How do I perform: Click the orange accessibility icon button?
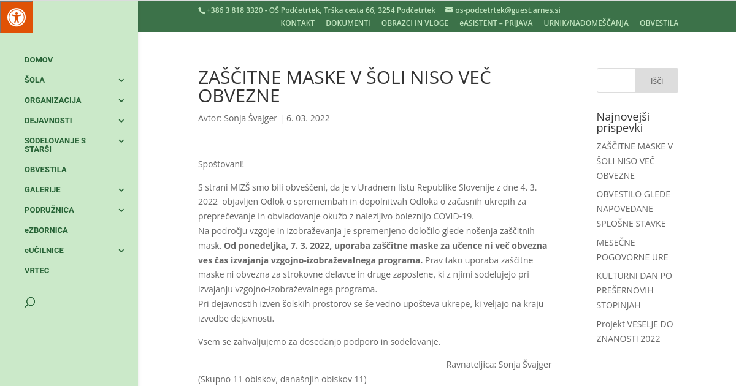16,17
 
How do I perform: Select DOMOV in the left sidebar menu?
39,60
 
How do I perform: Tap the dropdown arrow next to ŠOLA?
121,80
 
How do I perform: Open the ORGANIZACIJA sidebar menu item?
53,100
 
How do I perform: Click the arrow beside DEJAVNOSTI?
121,121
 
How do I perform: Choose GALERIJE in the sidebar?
42,190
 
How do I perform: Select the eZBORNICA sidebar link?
46,230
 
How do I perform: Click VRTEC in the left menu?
37,271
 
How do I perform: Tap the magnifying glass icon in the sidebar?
29,302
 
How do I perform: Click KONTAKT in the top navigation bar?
297,23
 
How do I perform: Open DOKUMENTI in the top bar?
348,23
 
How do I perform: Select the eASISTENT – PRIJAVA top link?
496,23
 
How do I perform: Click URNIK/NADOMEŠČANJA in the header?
586,23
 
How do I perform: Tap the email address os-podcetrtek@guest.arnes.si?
507,10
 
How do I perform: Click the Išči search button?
657,80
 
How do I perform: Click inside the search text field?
616,80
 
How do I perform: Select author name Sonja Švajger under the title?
250,118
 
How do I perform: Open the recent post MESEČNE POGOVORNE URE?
632,250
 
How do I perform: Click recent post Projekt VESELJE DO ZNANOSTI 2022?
635,331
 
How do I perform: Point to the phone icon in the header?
202,10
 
